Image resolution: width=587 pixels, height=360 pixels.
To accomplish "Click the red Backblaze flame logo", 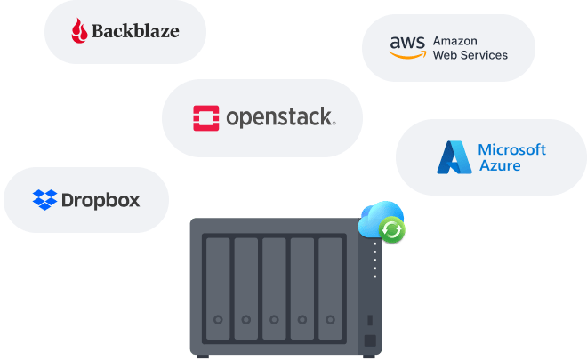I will (82, 32).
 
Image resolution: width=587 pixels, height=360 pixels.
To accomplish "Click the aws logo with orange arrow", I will (406, 48).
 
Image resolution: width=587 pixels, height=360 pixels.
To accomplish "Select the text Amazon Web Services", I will (470, 48).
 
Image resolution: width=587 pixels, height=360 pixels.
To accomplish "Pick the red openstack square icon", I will (206, 117).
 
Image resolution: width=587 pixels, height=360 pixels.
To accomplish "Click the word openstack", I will (280, 117).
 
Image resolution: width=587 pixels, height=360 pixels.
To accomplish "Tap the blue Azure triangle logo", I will (453, 156).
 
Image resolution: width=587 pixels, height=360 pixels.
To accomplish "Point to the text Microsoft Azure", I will (511, 156).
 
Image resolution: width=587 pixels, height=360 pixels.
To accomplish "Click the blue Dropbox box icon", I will (44, 200).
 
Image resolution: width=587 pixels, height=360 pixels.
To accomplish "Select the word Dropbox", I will (101, 200).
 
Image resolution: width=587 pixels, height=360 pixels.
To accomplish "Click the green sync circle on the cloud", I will (391, 231).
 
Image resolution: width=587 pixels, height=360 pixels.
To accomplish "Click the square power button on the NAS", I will (369, 340).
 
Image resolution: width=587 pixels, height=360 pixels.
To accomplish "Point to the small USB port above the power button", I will (369, 319).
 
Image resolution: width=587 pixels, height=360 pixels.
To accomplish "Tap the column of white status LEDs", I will (375, 258).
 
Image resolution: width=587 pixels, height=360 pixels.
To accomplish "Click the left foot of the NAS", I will (203, 356).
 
